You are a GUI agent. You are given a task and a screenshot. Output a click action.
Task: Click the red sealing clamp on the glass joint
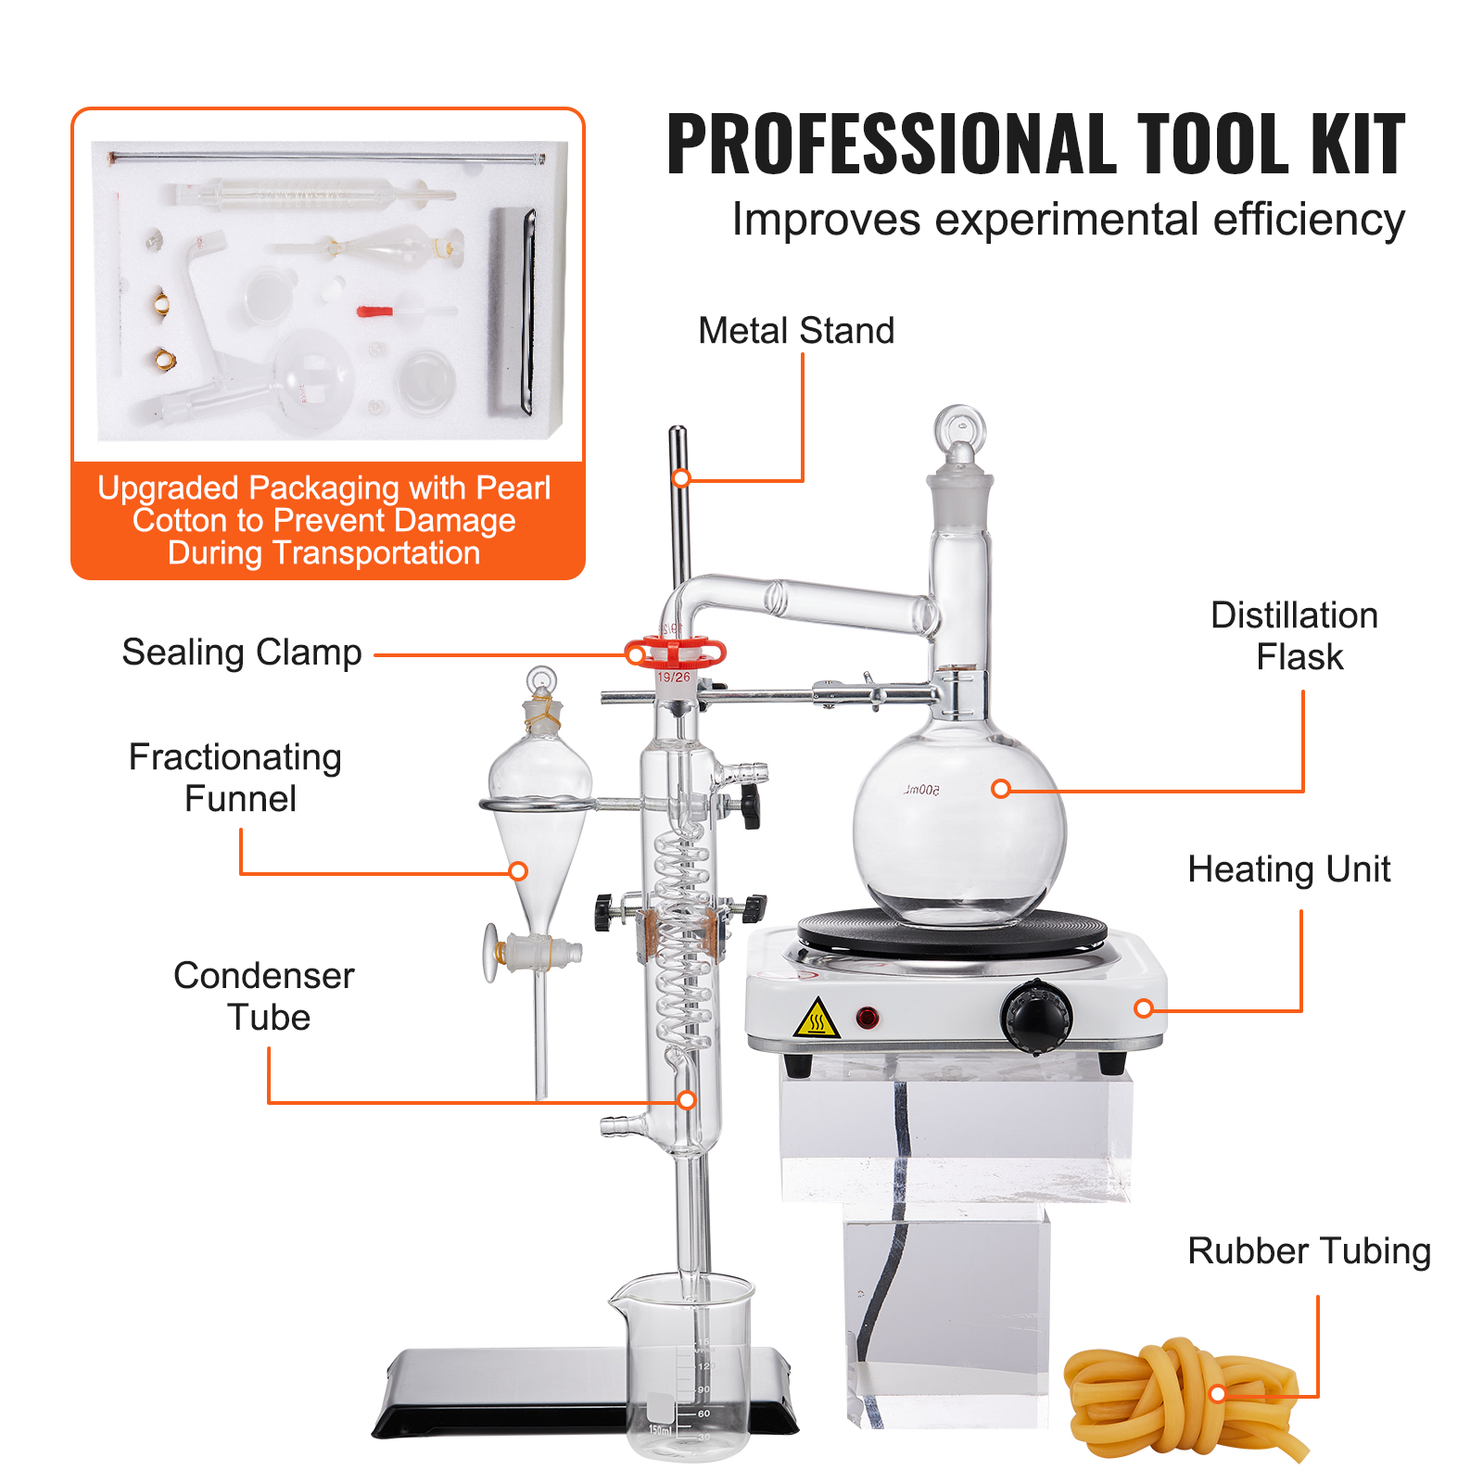click(675, 653)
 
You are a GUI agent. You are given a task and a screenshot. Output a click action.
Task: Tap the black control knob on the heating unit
click(1036, 1018)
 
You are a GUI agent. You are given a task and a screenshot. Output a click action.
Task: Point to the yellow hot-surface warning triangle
click(817, 1019)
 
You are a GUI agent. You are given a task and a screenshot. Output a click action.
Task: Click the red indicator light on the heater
click(868, 1018)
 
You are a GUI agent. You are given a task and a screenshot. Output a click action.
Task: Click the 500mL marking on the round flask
click(921, 790)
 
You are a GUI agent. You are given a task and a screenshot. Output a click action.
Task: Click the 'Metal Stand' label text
click(796, 331)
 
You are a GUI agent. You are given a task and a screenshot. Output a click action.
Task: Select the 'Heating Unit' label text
click(1288, 869)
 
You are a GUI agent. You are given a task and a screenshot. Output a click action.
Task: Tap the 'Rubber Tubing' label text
click(1309, 1251)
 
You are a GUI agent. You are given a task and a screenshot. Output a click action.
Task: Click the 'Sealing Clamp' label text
click(242, 653)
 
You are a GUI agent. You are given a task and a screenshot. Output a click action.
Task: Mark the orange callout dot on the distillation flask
click(1000, 789)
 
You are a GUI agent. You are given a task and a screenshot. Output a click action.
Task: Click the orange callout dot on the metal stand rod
click(681, 478)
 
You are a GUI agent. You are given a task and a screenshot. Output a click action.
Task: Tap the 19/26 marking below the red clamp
click(674, 678)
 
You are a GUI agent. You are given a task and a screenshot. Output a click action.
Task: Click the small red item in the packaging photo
click(374, 311)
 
